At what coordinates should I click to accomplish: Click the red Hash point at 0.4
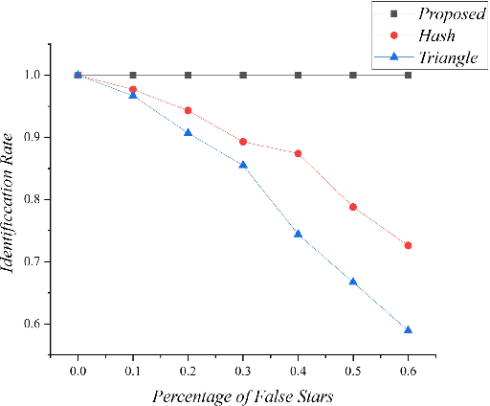pyautogui.click(x=299, y=153)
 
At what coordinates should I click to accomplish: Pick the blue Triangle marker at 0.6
pyautogui.click(x=409, y=329)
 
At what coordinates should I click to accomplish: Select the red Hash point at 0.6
pyautogui.click(x=409, y=245)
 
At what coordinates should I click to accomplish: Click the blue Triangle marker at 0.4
pyautogui.click(x=299, y=234)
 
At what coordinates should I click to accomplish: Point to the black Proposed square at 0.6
pyautogui.click(x=409, y=75)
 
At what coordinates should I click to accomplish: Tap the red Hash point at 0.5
pyautogui.click(x=353, y=207)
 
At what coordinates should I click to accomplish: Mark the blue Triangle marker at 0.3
pyautogui.click(x=243, y=165)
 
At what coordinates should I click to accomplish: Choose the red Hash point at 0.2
pyautogui.click(x=188, y=110)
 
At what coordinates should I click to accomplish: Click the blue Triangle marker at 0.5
pyautogui.click(x=353, y=282)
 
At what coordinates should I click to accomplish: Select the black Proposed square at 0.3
pyautogui.click(x=243, y=75)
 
